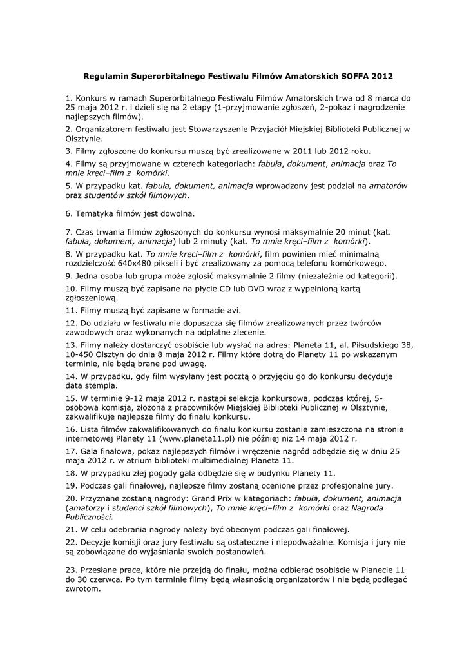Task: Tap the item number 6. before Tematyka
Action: [69, 213]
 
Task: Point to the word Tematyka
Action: [95, 213]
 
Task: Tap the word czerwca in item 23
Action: [103, 579]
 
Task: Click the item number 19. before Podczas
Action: [71, 485]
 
